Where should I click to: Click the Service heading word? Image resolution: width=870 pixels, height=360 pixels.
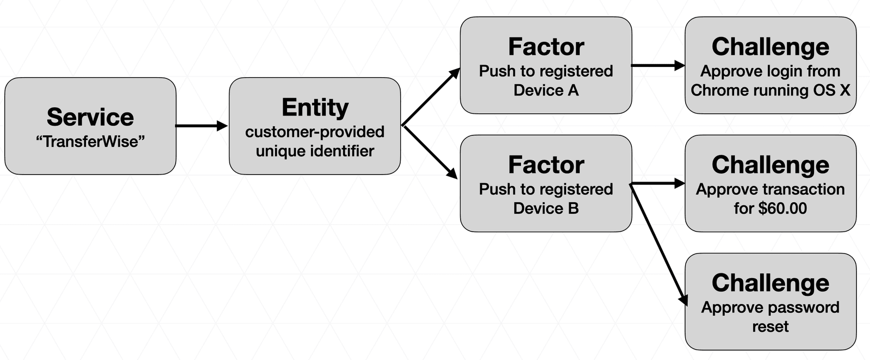click(x=90, y=117)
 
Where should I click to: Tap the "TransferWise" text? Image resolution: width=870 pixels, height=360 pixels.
click(x=90, y=142)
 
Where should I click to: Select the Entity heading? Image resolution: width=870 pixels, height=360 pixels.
click(x=315, y=107)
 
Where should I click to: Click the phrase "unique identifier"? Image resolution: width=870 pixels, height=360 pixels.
click(x=315, y=151)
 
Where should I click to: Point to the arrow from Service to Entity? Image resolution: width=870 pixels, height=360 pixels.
click(x=201, y=126)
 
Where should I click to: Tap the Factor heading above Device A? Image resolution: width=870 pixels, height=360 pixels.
click(x=546, y=47)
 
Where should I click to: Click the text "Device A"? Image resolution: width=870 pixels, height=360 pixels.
click(x=546, y=90)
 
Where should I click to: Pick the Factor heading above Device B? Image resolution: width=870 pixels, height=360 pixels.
click(x=546, y=165)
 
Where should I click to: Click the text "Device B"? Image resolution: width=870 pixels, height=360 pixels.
click(x=546, y=208)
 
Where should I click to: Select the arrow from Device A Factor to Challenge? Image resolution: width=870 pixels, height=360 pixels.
click(x=658, y=65)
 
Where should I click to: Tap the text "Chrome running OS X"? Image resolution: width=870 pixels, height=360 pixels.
click(x=770, y=90)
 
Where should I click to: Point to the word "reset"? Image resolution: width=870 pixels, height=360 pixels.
click(x=770, y=326)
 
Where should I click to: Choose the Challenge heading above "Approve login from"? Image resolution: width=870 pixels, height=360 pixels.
click(x=770, y=47)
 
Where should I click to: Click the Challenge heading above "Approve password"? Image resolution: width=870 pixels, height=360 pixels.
click(x=770, y=283)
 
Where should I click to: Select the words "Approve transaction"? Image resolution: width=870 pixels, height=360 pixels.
click(x=770, y=189)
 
